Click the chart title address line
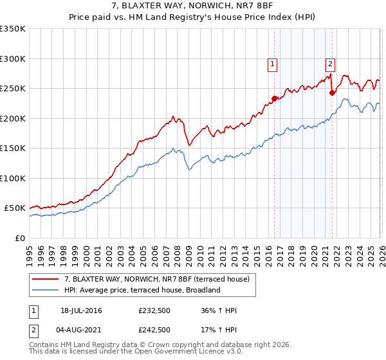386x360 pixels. click(x=192, y=7)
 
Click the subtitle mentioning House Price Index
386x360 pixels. click(x=192, y=18)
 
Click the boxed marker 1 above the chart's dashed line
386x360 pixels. click(x=273, y=64)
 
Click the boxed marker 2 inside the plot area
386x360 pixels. click(x=330, y=64)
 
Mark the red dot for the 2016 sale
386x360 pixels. click(x=274, y=98)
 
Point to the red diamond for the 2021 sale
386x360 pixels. click(x=332, y=93)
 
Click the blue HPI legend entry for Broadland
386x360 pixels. click(x=142, y=290)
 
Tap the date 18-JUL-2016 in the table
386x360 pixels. click(x=81, y=310)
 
